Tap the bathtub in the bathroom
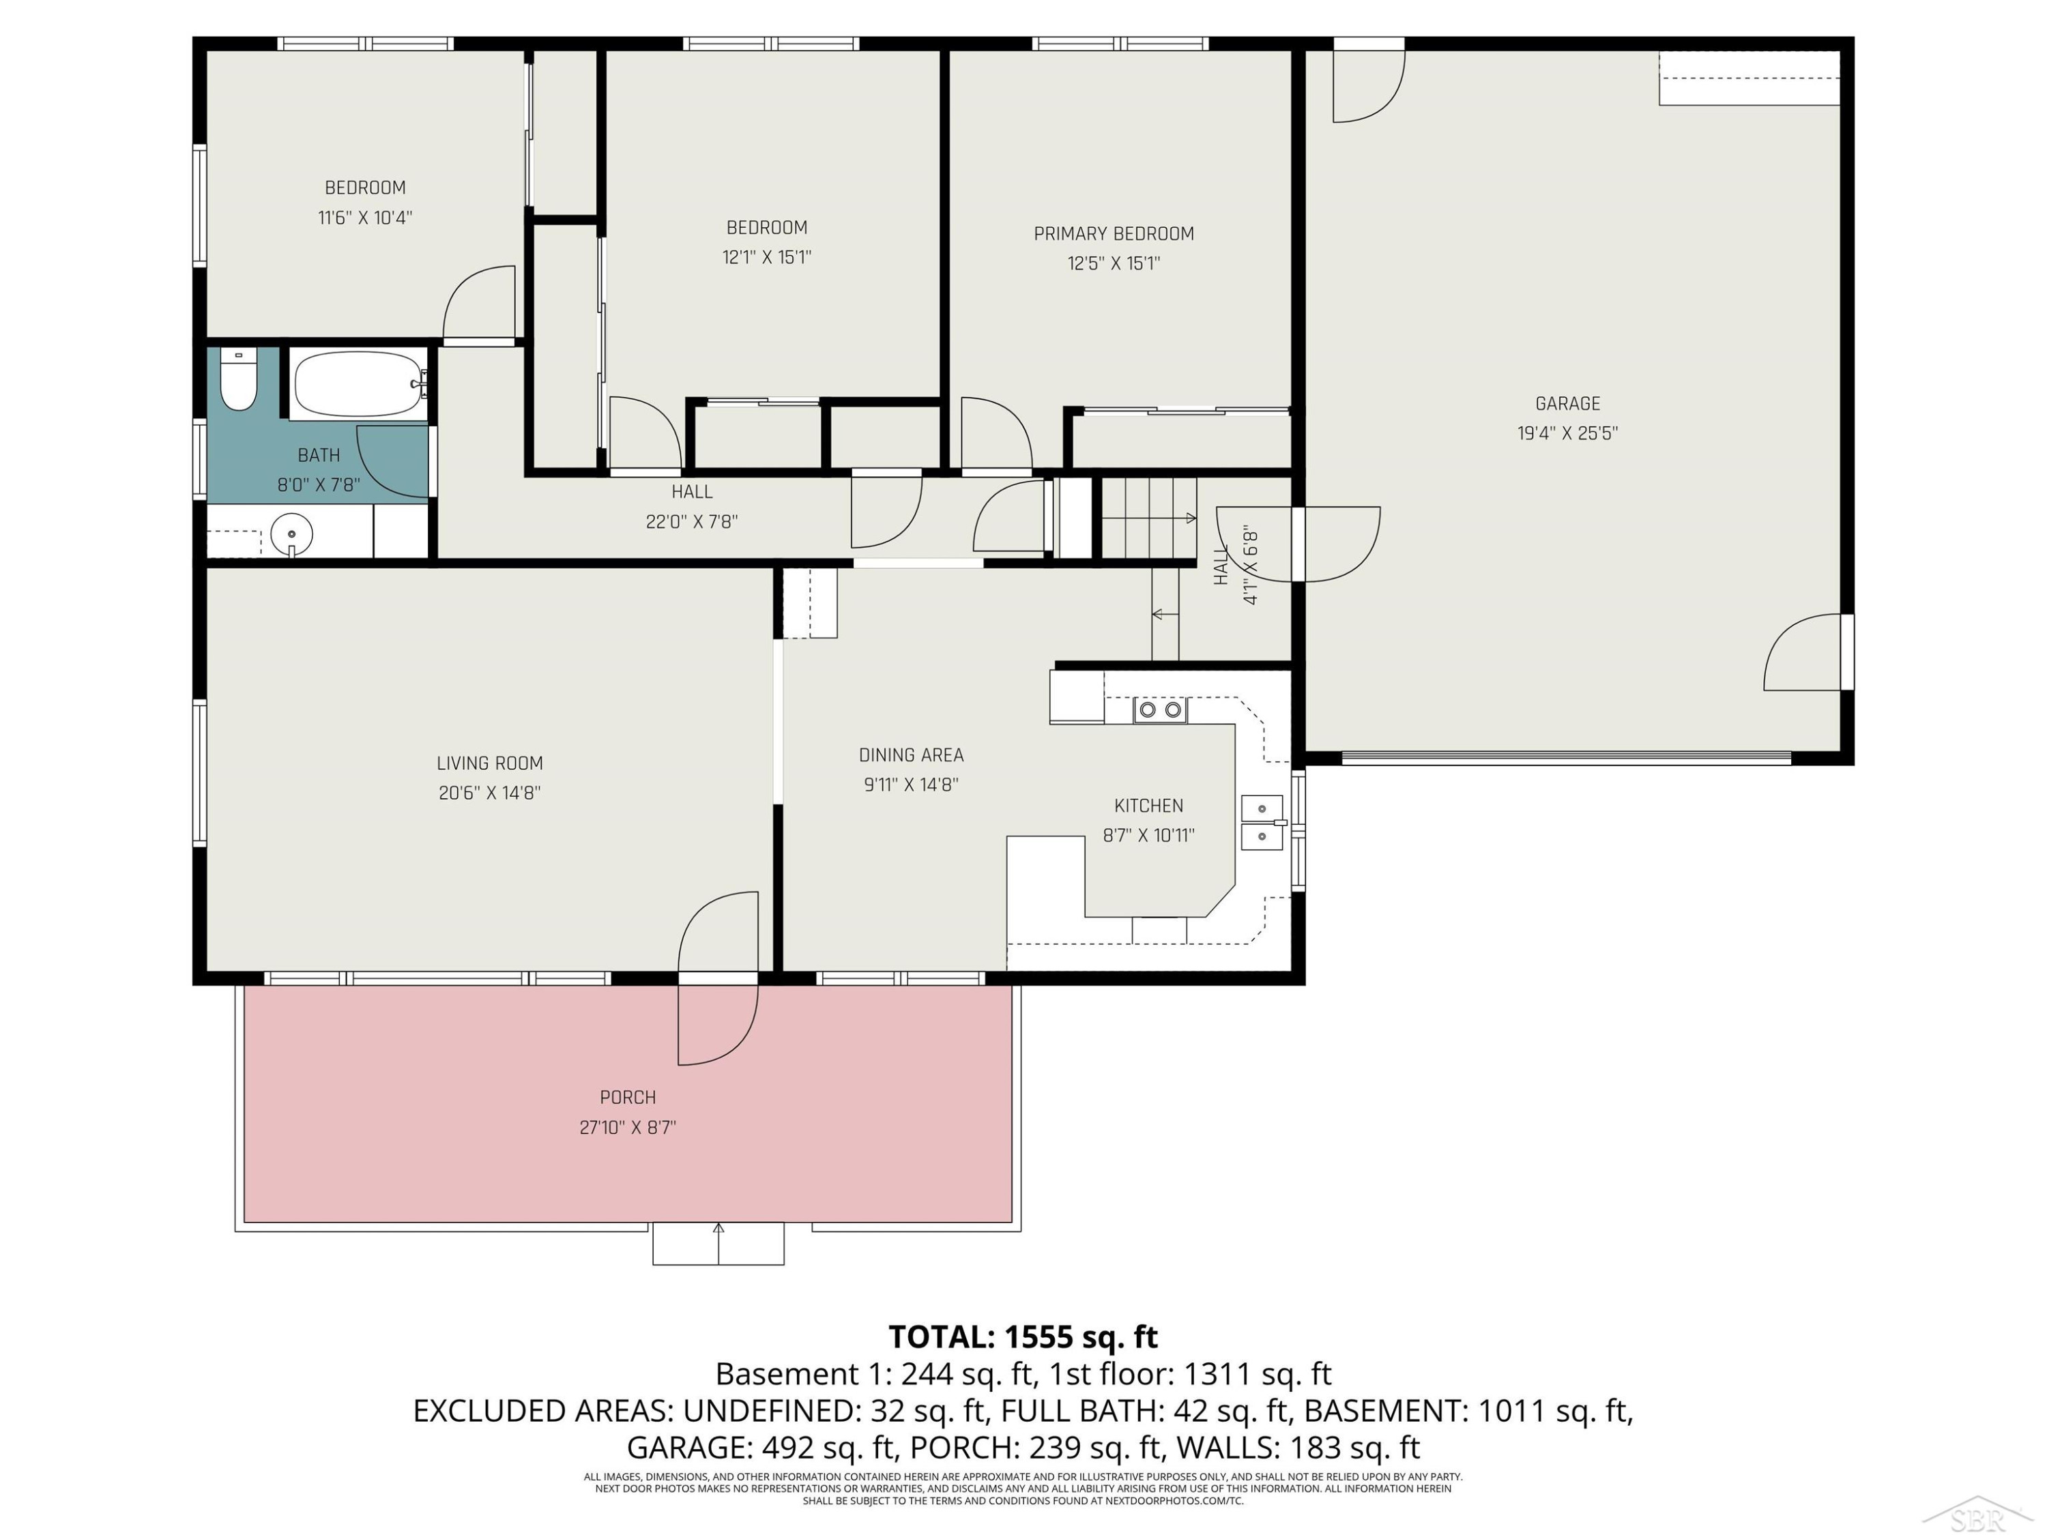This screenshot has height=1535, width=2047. [x=359, y=384]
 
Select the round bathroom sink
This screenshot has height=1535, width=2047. [x=291, y=534]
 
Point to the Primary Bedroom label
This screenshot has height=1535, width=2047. [x=1114, y=234]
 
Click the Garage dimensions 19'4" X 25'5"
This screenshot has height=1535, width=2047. [x=1567, y=433]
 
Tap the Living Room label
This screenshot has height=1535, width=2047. [x=489, y=763]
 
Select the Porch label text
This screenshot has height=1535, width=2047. [x=628, y=1097]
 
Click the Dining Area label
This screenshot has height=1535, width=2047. [x=912, y=755]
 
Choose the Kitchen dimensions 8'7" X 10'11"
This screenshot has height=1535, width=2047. [x=1148, y=836]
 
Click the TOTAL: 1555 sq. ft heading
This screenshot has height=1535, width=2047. [x=1023, y=1337]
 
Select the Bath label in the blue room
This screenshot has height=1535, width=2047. [x=319, y=455]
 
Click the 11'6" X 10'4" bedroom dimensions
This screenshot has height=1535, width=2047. [x=366, y=218]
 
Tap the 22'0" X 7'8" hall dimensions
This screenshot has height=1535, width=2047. [x=692, y=522]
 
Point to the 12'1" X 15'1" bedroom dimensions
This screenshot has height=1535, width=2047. [x=767, y=257]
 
